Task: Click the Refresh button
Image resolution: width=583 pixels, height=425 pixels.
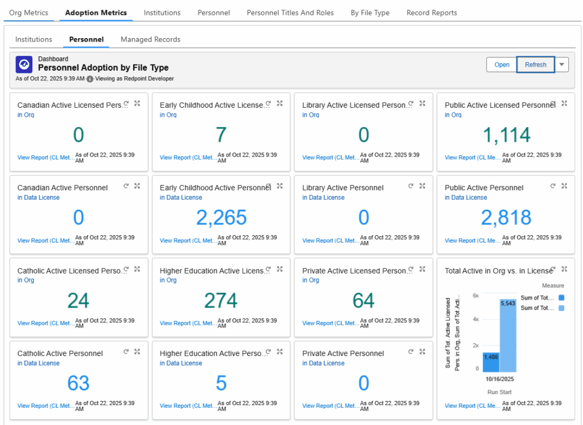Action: pos(535,65)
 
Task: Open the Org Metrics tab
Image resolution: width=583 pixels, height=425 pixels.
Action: pos(28,13)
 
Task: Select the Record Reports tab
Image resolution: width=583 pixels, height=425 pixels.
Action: pos(432,13)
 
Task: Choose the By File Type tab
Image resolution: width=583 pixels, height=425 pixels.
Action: pos(370,13)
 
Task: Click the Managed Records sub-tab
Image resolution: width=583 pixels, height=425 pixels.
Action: pos(150,39)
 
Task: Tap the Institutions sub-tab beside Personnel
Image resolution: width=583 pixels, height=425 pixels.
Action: pos(34,39)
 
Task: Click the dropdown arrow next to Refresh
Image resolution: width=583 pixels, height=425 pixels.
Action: pos(562,65)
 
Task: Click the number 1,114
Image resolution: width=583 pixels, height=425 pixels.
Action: pos(506,135)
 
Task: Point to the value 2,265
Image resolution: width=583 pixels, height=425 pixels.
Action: pos(221,218)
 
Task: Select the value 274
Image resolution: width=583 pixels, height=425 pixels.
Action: pos(221,300)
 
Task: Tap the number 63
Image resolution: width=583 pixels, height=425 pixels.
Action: pos(79,383)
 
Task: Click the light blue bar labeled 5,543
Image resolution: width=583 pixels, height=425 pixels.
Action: pos(508,336)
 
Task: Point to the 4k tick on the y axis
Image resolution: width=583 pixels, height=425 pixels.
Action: pos(475,320)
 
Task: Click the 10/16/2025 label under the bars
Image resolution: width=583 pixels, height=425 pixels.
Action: pos(500,379)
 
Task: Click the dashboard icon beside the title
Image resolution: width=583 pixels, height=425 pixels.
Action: pos(24,64)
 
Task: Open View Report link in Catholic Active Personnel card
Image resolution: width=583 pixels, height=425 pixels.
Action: pos(45,406)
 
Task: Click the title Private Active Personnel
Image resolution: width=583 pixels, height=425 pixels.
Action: pos(343,354)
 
